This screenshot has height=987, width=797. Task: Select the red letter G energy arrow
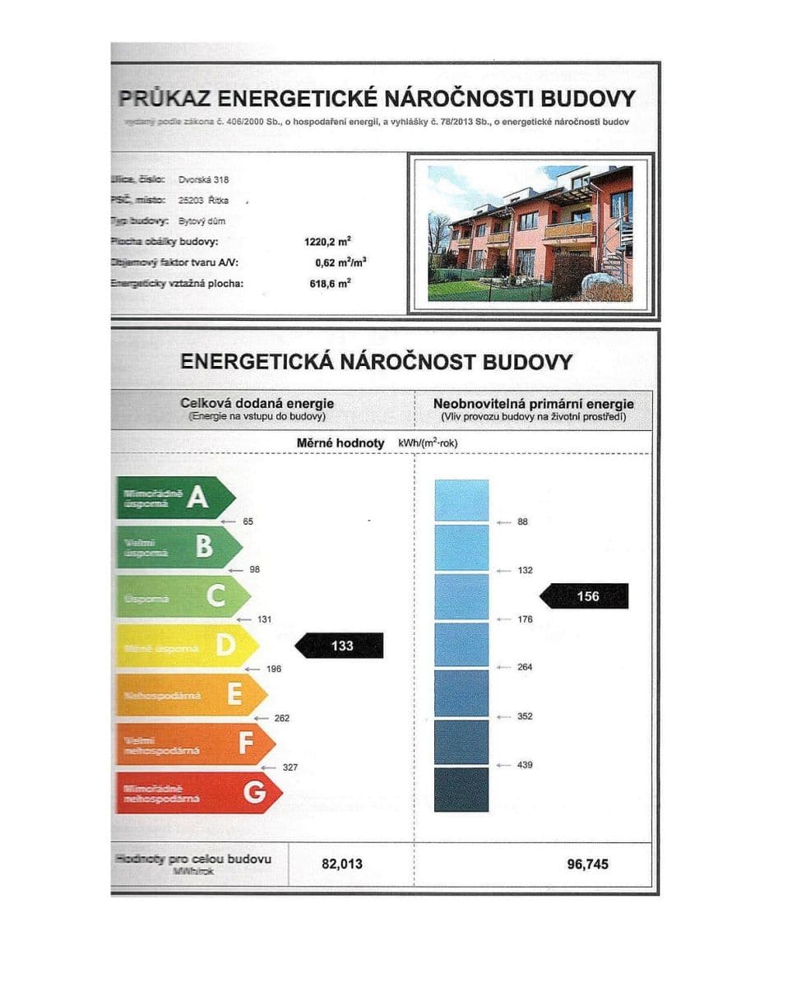click(198, 793)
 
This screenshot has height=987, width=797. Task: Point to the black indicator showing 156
click(586, 596)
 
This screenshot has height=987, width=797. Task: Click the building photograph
click(530, 234)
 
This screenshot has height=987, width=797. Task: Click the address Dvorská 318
click(203, 178)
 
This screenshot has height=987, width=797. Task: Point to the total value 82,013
click(341, 864)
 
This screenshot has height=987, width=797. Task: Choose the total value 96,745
click(588, 864)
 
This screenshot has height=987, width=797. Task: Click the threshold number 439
click(525, 765)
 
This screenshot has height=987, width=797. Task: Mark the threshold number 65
click(248, 521)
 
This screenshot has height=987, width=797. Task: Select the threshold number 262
click(281, 718)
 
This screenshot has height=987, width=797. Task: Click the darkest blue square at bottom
click(461, 790)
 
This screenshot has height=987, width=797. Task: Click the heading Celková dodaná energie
click(257, 404)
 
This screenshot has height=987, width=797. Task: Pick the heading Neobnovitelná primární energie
click(533, 404)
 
